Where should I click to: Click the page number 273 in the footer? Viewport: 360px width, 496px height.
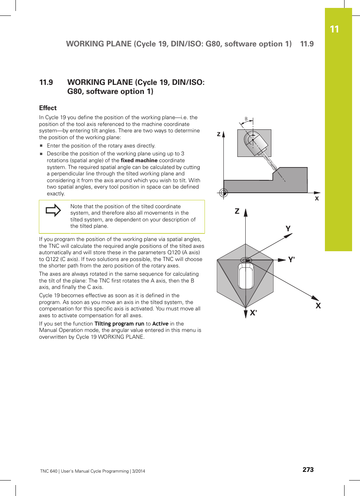point(308,470)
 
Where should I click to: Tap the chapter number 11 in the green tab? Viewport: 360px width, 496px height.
point(334,29)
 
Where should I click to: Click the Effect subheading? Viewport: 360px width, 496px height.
point(48,108)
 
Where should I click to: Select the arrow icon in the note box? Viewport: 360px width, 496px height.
point(53,210)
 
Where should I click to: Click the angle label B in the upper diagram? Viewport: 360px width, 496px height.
point(246,119)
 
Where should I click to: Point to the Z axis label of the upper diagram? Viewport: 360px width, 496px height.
point(218,134)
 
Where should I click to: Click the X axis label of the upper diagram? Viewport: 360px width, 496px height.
point(317,198)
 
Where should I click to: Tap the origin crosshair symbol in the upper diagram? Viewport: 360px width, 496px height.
point(223,193)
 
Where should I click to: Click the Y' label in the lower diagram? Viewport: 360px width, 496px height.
point(291,260)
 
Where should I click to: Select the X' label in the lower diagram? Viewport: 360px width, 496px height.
point(253,313)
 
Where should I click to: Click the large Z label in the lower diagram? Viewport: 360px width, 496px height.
point(237,211)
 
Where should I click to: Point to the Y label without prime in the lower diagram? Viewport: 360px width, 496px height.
point(288,229)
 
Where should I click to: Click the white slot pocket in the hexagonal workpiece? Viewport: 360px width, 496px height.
point(246,276)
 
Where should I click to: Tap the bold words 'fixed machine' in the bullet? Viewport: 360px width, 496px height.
point(139,160)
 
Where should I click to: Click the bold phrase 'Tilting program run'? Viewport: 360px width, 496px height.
point(119,324)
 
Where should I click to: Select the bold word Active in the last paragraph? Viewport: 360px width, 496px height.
point(160,324)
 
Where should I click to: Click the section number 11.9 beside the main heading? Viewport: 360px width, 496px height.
point(46,83)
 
